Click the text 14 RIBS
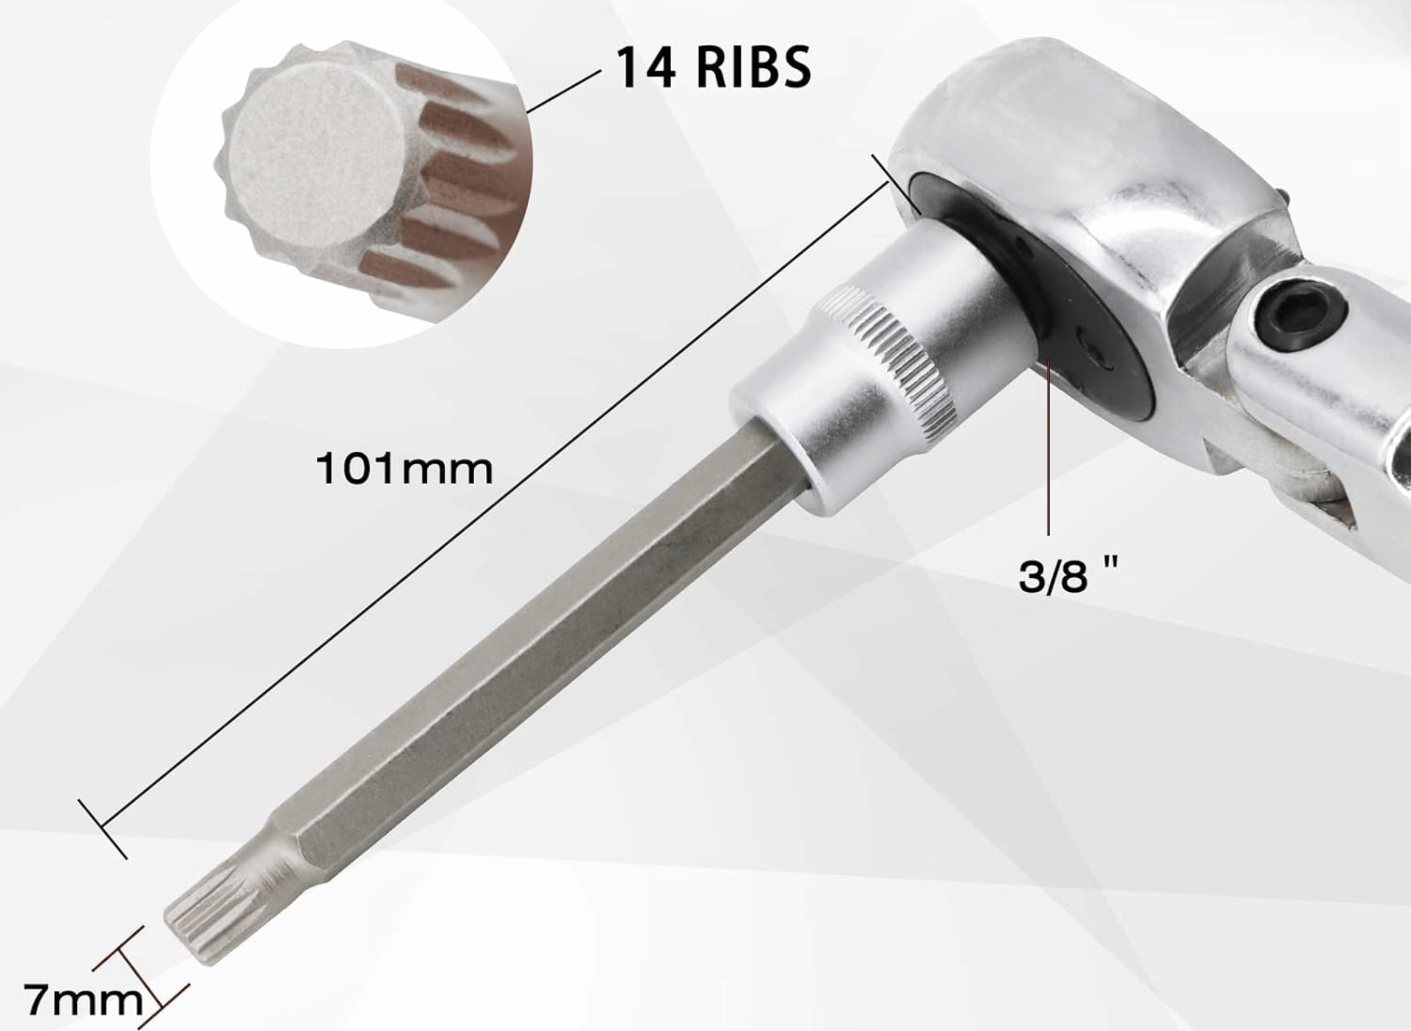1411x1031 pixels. [x=713, y=68]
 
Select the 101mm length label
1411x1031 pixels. [x=404, y=469]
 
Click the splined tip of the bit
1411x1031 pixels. [x=212, y=921]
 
